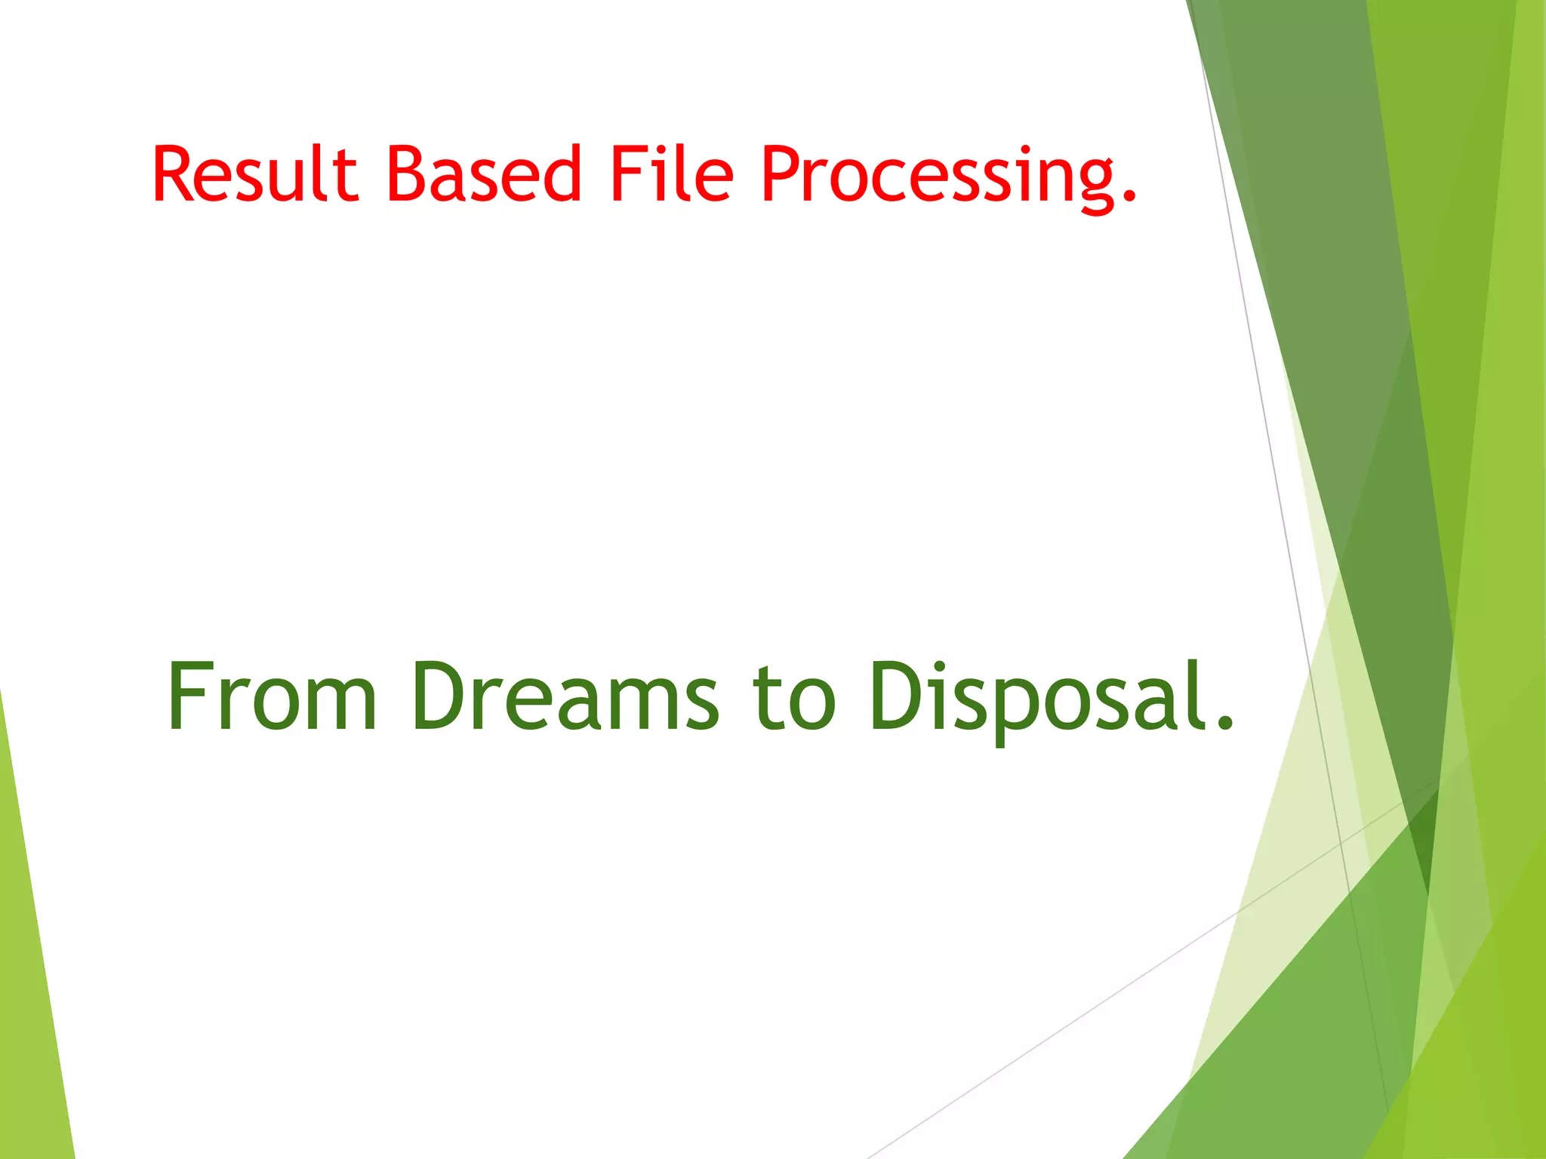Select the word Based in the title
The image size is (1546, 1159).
click(x=483, y=174)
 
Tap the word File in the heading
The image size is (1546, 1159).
click(x=671, y=174)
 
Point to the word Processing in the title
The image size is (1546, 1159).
click(x=936, y=177)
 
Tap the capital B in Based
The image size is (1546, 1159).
click(x=408, y=174)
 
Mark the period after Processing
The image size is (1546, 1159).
click(x=1129, y=197)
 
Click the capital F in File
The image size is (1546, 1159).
click(x=627, y=174)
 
